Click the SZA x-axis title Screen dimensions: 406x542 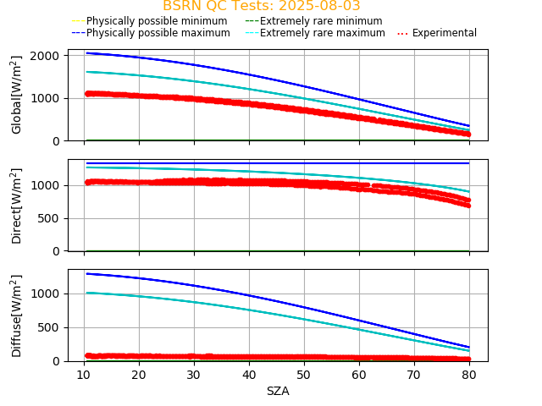click(x=278, y=391)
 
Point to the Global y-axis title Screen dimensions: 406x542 click(x=17, y=95)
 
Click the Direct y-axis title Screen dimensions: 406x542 click(x=17, y=206)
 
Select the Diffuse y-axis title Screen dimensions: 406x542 click(x=17, y=315)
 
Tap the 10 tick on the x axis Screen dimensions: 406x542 click(x=83, y=374)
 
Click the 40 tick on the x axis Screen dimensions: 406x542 click(x=249, y=374)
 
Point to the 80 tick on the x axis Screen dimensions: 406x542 click(x=470, y=374)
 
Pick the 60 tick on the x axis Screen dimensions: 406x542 click(x=359, y=374)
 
